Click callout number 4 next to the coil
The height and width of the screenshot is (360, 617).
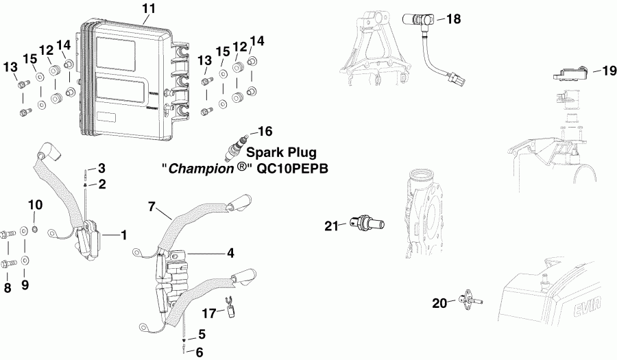(x=231, y=253)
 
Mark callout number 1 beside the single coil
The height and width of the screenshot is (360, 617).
(x=124, y=235)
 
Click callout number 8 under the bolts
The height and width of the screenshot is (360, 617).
(x=8, y=288)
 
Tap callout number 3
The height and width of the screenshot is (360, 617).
(x=101, y=168)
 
